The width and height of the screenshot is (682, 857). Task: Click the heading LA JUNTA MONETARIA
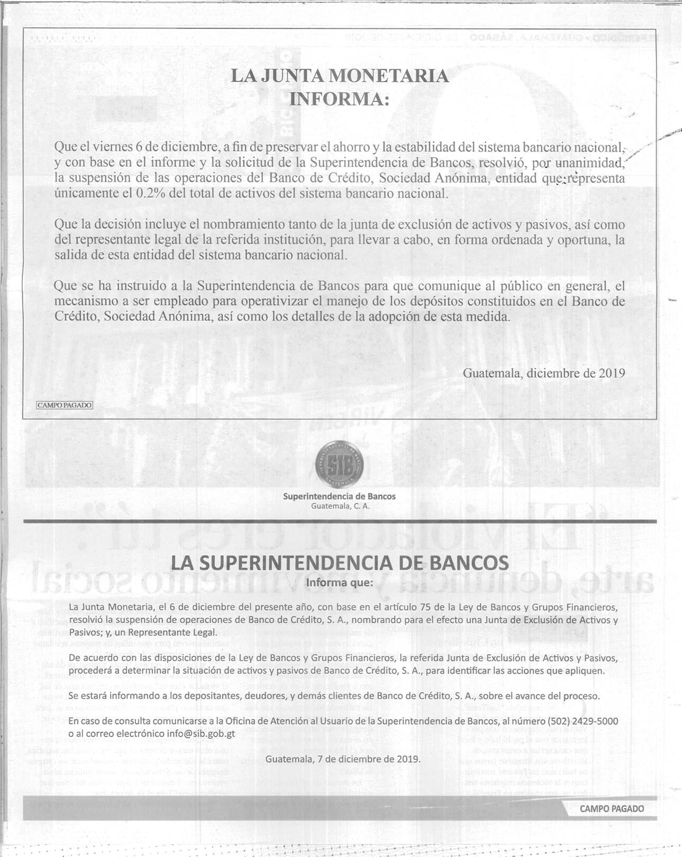click(340, 76)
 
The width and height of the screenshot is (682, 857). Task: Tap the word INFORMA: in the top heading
click(339, 99)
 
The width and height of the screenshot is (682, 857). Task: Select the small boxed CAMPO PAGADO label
click(65, 405)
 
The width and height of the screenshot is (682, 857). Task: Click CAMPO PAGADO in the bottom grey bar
click(612, 809)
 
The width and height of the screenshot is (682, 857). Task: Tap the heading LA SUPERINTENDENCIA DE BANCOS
click(340, 563)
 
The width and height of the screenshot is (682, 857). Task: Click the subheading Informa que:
click(340, 583)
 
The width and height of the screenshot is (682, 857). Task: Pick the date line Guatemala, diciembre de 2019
click(543, 373)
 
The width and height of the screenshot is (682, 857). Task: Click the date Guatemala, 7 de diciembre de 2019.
click(343, 759)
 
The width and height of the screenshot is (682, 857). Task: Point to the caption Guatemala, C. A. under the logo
click(340, 506)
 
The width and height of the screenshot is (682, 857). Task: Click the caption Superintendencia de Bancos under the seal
click(339, 497)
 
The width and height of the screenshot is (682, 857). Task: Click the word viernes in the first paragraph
click(112, 147)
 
